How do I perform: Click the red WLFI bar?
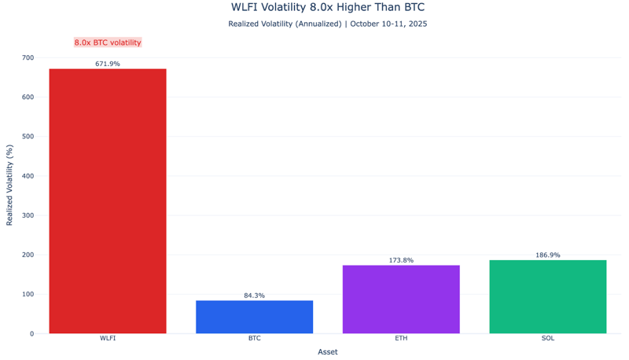click(108, 201)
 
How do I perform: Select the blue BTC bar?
click(254, 317)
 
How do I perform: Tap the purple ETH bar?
click(401, 299)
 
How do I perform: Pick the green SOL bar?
click(548, 296)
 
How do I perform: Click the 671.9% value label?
click(108, 64)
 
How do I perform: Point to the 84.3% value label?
click(254, 296)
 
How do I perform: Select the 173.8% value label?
click(401, 260)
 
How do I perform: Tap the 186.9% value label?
click(548, 255)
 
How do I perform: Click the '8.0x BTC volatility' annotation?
click(108, 42)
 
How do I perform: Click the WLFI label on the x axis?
click(108, 339)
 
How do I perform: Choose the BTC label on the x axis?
click(254, 339)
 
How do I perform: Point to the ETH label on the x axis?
click(401, 339)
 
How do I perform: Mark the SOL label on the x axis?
click(548, 339)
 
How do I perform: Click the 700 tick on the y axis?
click(28, 58)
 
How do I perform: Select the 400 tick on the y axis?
click(28, 176)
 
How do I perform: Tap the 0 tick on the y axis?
click(31, 334)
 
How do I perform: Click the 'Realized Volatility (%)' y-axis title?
click(10, 186)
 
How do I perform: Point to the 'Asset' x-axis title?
click(328, 352)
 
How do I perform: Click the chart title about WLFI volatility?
click(328, 8)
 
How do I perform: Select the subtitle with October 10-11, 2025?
click(328, 24)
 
